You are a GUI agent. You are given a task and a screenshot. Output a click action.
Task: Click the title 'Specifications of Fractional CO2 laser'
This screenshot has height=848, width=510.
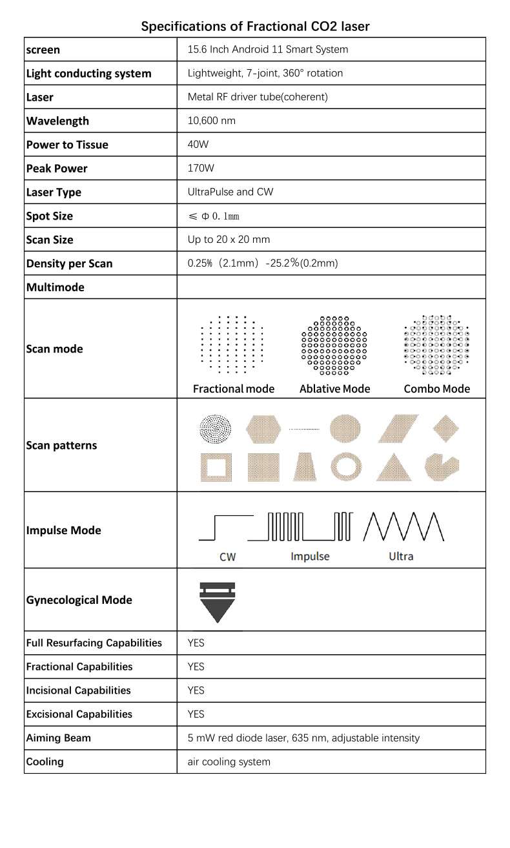tap(255, 26)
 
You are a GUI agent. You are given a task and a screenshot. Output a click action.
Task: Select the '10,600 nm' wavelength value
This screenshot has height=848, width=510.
tap(211, 121)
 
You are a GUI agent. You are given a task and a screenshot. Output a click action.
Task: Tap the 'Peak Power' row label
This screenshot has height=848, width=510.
tap(57, 169)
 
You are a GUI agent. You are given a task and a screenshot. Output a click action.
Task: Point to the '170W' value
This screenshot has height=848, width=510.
tap(201, 169)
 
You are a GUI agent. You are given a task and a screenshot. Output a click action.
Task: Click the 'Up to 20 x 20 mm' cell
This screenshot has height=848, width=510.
tap(229, 240)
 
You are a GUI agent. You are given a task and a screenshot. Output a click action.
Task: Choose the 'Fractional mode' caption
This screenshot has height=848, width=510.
tap(234, 389)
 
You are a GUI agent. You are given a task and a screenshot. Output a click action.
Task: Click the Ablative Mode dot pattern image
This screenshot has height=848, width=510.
tap(334, 346)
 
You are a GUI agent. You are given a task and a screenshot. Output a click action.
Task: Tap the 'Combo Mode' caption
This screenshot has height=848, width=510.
tap(437, 389)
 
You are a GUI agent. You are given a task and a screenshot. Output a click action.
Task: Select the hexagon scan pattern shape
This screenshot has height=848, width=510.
tap(263, 429)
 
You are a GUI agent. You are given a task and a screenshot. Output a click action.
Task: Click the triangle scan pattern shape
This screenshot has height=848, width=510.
tap(394, 468)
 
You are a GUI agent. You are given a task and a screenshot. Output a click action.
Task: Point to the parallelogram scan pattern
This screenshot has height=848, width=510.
tap(398, 429)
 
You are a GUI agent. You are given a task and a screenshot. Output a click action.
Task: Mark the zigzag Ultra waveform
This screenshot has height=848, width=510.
tap(404, 526)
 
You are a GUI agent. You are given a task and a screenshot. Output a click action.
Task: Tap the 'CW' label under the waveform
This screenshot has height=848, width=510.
tap(228, 557)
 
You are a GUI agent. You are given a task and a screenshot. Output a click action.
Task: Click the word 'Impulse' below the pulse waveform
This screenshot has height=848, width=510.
tap(310, 557)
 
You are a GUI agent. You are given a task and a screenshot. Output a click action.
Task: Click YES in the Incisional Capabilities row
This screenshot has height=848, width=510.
tap(196, 690)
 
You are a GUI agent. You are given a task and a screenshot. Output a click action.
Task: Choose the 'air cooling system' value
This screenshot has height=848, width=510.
tap(229, 762)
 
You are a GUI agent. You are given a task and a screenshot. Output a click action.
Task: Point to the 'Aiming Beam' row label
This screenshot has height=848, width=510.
tap(59, 738)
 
